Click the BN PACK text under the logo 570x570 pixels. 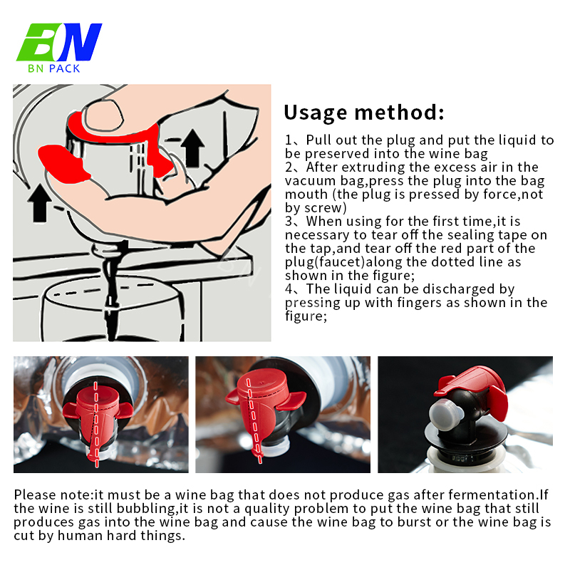tap(54, 68)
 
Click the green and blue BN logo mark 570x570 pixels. tap(59, 42)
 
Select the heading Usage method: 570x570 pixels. tap(364, 113)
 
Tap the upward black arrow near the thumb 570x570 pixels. tap(192, 148)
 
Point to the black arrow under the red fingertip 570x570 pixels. tap(40, 202)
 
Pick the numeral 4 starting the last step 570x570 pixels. tap(289, 289)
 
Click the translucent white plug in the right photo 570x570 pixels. tap(446, 415)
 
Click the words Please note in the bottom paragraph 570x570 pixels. tap(53, 495)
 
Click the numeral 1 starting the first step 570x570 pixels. tap(288, 140)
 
